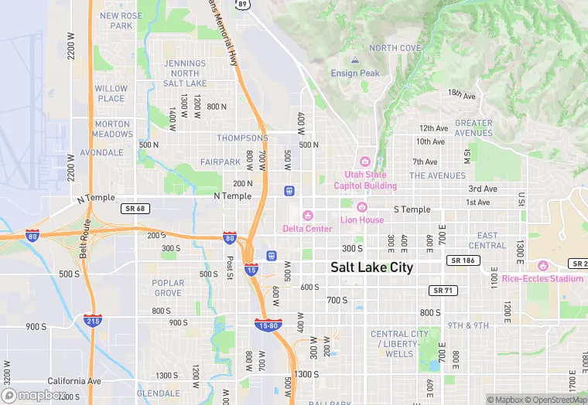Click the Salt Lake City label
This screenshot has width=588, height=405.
[371, 267]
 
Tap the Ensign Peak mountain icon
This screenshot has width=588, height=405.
[355, 60]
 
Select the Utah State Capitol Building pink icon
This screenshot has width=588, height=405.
[365, 161]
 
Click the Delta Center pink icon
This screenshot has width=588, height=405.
[308, 215]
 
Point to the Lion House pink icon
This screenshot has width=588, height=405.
[361, 206]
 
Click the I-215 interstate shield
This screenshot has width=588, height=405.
[92, 319]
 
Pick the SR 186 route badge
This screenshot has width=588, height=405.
[461, 261]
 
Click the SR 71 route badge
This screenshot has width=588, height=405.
[440, 289]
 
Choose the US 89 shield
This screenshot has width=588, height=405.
[243, 4]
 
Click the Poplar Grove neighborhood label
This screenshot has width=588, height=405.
[168, 288]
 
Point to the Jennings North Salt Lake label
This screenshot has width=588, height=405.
[185, 73]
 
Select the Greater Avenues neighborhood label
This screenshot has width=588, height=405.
[473, 128]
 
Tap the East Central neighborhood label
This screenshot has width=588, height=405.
[487, 240]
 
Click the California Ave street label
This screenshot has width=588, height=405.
[74, 381]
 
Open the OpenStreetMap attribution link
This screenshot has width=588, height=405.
[556, 400]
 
